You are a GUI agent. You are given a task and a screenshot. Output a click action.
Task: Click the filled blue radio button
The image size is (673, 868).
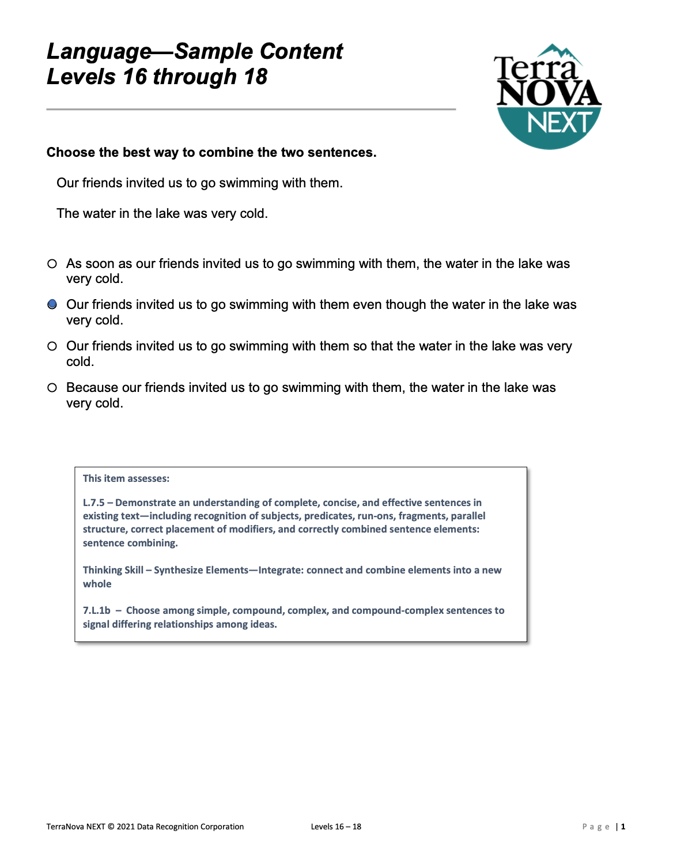click(x=52, y=304)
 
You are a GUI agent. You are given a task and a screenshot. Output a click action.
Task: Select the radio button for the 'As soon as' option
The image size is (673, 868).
click(x=52, y=264)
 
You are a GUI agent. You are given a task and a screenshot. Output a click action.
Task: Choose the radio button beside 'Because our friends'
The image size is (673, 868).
click(x=52, y=388)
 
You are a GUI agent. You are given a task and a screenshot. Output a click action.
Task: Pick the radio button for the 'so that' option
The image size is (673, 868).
click(x=52, y=346)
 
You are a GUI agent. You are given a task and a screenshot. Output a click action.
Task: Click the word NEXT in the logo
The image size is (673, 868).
click(x=559, y=123)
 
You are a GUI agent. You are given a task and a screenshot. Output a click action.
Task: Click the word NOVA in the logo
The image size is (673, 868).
click(x=549, y=94)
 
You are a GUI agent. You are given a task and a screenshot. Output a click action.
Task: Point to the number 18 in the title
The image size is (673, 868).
click(x=255, y=77)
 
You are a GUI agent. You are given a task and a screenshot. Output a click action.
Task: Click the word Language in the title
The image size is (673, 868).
click(x=99, y=52)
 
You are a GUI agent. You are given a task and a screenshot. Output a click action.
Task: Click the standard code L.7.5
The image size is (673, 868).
click(x=94, y=503)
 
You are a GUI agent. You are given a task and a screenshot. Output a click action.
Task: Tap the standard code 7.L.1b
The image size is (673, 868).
click(x=96, y=610)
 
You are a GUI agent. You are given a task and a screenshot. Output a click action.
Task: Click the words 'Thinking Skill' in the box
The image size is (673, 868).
click(x=113, y=570)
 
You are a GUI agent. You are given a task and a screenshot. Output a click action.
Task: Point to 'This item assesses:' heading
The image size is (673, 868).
click(x=126, y=478)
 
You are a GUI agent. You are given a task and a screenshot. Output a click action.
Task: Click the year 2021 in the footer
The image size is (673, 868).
click(x=126, y=827)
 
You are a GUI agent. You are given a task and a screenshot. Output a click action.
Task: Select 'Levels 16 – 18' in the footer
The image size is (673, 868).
click(x=336, y=827)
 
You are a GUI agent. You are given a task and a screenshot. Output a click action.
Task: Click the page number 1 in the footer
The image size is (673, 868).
click(x=623, y=827)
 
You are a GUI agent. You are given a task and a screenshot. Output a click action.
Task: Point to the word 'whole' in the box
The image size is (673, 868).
click(x=97, y=584)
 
